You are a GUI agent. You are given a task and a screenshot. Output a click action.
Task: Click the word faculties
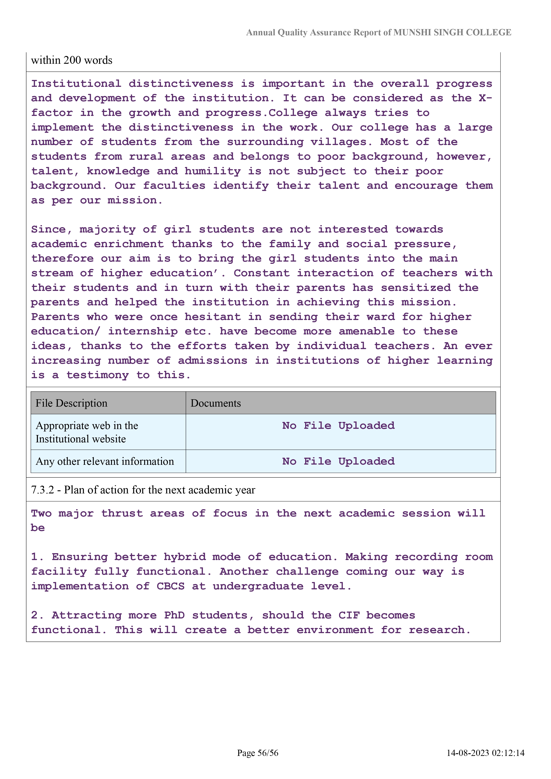pyautogui.click(x=174, y=186)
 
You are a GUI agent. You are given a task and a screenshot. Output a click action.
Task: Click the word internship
pyautogui.click(x=143, y=332)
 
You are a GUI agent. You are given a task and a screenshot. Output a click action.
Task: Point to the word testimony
pyautogui.click(x=97, y=375)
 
